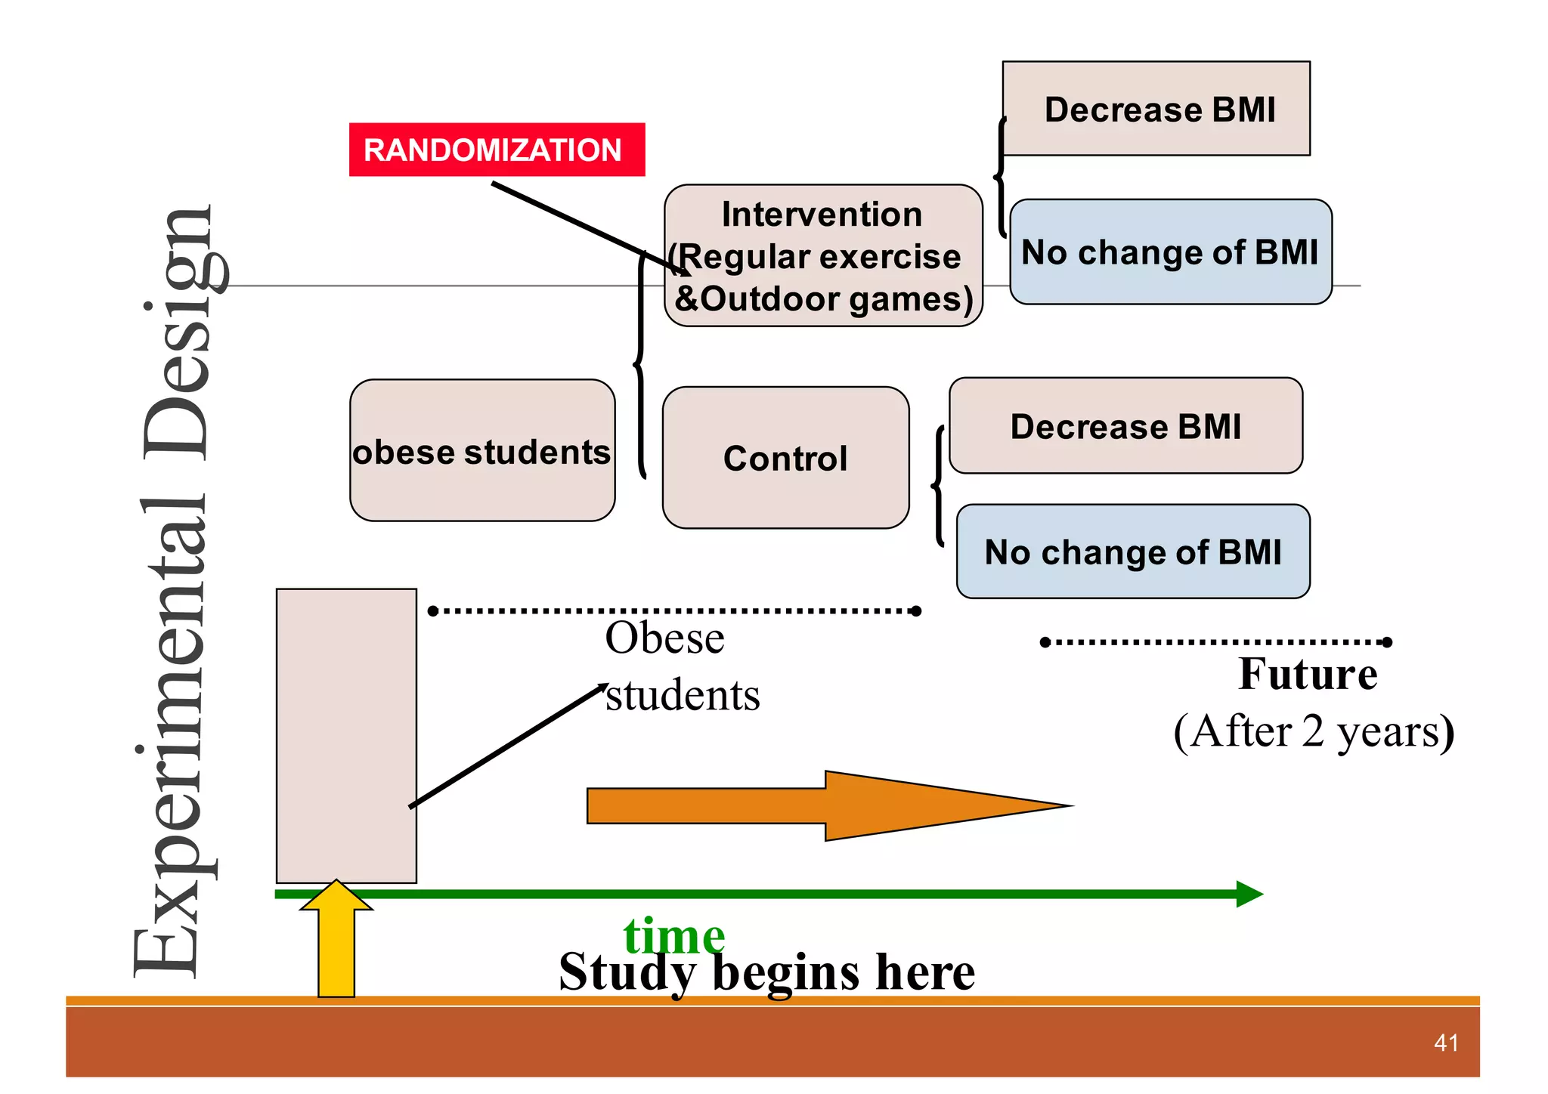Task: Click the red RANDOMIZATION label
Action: click(497, 150)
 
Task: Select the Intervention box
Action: click(823, 255)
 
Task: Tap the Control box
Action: click(785, 458)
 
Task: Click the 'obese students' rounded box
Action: click(482, 451)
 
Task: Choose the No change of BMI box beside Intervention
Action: click(1170, 252)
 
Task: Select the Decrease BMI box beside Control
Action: click(1125, 426)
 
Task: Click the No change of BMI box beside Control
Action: click(1132, 552)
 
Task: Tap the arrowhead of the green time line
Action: click(1249, 894)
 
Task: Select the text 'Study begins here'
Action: click(766, 972)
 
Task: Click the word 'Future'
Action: click(1308, 674)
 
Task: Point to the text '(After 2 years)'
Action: click(1314, 731)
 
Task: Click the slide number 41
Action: click(1446, 1043)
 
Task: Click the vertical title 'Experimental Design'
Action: click(175, 593)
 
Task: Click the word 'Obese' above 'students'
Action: click(664, 638)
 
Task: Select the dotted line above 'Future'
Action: click(1215, 642)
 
